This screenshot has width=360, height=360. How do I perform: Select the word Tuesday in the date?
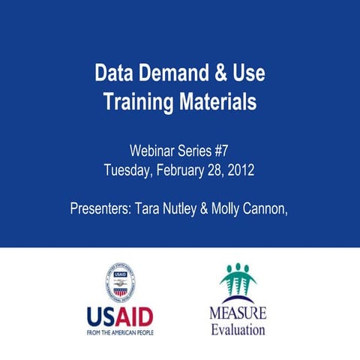pyautogui.click(x=129, y=169)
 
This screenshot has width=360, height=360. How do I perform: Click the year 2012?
pyautogui.click(x=241, y=169)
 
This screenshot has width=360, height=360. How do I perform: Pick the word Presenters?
pyautogui.click(x=100, y=207)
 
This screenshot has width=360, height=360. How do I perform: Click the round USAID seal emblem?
pyautogui.click(x=121, y=283)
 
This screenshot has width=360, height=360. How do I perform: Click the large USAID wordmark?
pyautogui.click(x=120, y=316)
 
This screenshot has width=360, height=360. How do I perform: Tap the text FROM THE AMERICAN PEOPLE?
pyautogui.click(x=120, y=331)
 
